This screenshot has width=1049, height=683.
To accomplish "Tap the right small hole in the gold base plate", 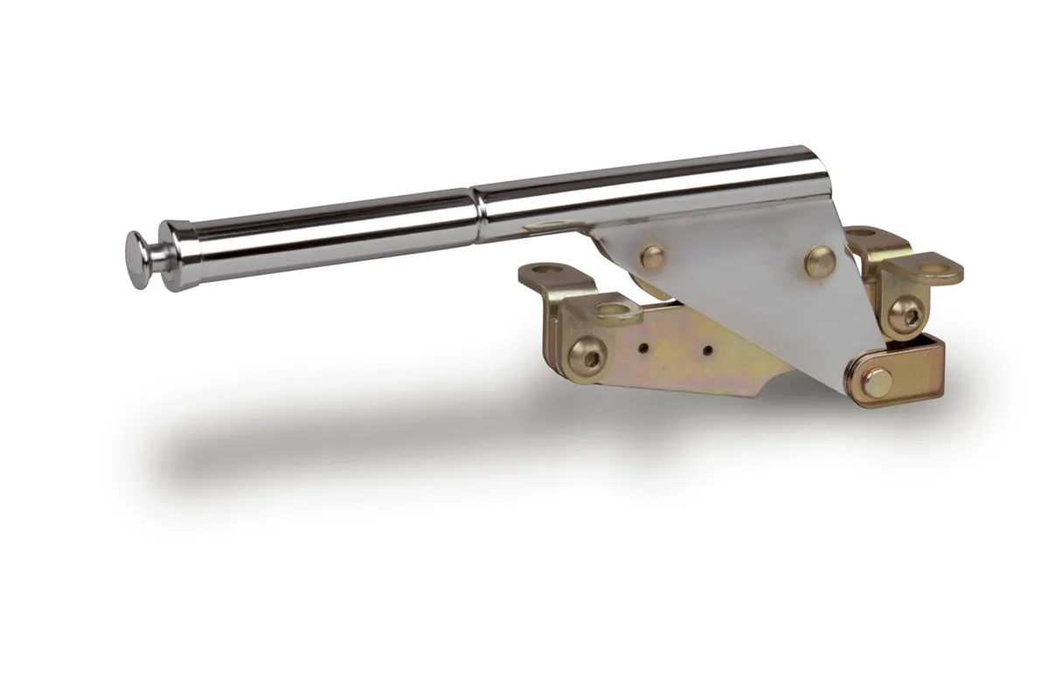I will pos(706,350).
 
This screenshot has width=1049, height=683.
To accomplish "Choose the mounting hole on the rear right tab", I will pos(861,233).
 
